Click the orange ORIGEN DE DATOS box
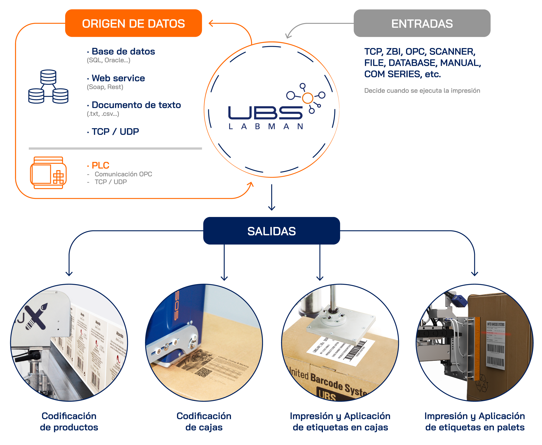click(x=133, y=23)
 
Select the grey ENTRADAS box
click(x=422, y=23)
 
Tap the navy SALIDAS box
click(x=271, y=231)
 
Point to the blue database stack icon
click(x=48, y=87)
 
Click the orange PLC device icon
click(x=48, y=173)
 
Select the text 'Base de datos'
click(x=123, y=52)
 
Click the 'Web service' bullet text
click(x=118, y=78)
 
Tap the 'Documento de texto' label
click(x=136, y=105)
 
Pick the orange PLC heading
click(x=100, y=165)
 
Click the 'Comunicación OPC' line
click(x=123, y=174)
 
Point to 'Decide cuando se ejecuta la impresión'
click(x=422, y=91)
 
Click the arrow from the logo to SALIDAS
click(x=272, y=197)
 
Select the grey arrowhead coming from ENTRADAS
click(x=288, y=35)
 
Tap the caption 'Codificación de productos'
click(x=69, y=422)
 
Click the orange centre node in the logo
click(x=308, y=98)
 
